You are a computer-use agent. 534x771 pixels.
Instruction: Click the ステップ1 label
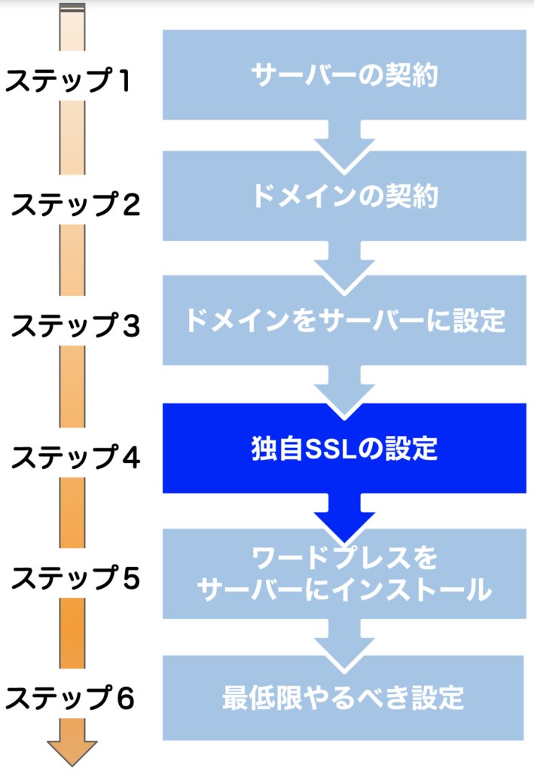tap(68, 80)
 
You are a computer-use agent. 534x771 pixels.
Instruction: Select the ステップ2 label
tap(75, 204)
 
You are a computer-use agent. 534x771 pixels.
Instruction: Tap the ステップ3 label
tap(75, 325)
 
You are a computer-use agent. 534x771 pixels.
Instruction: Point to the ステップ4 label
tap(75, 457)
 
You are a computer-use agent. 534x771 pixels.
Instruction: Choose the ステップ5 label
tap(75, 577)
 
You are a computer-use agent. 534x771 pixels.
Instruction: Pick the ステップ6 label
tap(69, 698)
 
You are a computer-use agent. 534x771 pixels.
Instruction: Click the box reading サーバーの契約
tap(344, 75)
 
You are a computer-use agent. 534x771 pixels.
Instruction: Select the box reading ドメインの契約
tap(344, 196)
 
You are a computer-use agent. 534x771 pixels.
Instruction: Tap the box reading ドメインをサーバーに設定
tap(344, 320)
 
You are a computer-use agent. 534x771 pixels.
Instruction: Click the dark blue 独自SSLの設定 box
tap(344, 448)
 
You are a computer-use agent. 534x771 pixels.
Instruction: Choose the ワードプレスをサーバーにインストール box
tap(344, 574)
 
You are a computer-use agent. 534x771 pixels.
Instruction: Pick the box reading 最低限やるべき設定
tap(343, 698)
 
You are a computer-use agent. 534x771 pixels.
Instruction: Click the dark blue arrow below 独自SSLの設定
tap(344, 517)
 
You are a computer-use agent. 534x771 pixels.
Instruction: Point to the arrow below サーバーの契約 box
tap(344, 145)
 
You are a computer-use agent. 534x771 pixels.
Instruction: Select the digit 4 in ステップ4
tap(131, 457)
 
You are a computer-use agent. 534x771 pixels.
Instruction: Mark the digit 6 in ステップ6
tap(125, 698)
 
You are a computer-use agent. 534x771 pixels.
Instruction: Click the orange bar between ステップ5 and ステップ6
tap(72, 633)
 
